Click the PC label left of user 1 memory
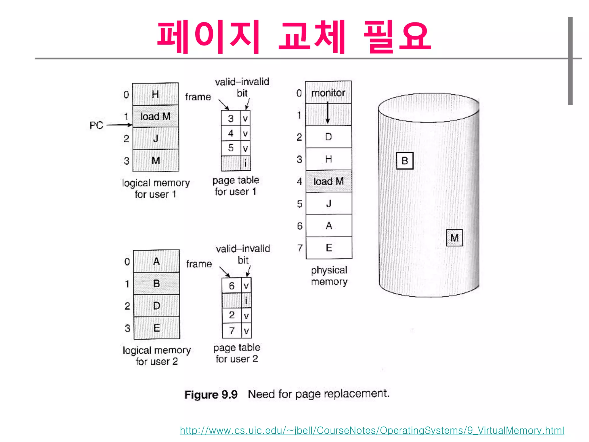(x=96, y=125)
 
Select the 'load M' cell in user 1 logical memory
(x=155, y=116)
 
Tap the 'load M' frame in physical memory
(x=329, y=181)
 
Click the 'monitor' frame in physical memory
(x=328, y=93)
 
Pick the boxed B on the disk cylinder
(x=405, y=161)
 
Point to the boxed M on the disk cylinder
(x=454, y=238)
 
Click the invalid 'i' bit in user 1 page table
(x=245, y=163)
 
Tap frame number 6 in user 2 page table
(x=232, y=286)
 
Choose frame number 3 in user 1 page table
(x=231, y=118)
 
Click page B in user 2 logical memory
(x=156, y=283)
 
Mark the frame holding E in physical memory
(x=329, y=248)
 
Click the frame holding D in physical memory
(x=328, y=137)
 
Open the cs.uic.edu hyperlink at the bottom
(x=372, y=430)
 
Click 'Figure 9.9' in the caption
(x=211, y=395)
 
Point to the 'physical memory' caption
(x=329, y=276)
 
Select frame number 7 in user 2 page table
(x=232, y=331)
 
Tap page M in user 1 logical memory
(x=156, y=160)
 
